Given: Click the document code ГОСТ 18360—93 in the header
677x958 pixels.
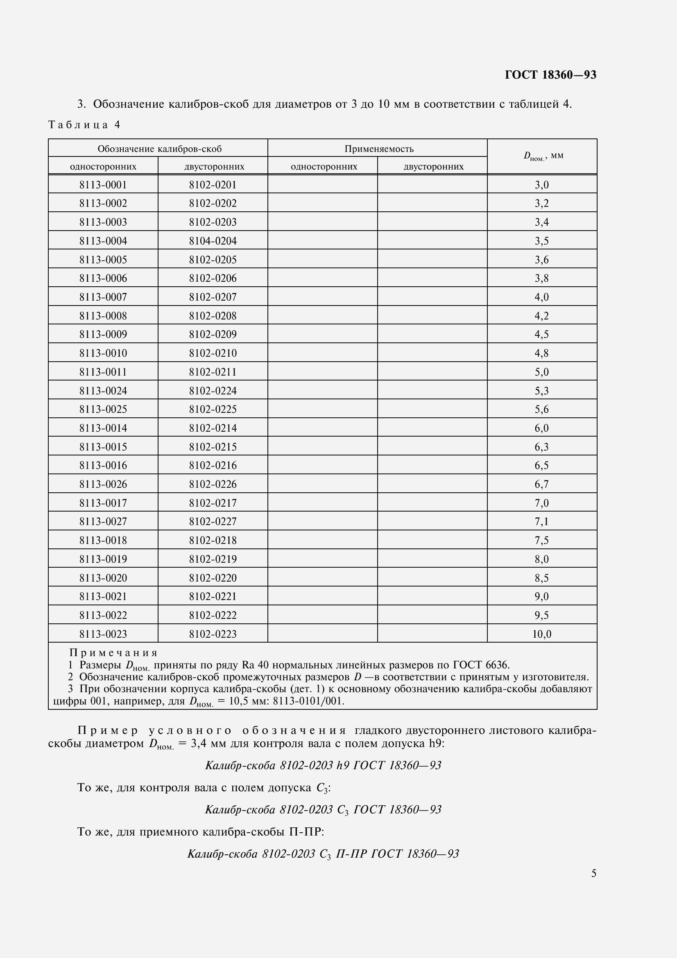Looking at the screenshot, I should tap(550, 75).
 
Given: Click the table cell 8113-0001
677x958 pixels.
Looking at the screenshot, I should tap(103, 184).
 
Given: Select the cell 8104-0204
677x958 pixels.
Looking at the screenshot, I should tap(213, 241).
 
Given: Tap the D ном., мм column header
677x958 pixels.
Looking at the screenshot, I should tap(543, 156).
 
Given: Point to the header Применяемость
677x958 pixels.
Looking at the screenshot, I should tap(379, 149).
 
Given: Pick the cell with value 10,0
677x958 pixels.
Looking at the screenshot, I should tap(541, 634).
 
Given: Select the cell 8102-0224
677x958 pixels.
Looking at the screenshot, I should tap(213, 391).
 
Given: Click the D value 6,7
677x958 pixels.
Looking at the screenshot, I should tap(541, 485).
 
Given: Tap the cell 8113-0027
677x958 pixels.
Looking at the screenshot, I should tap(103, 521).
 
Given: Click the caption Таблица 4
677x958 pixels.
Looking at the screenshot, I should tap(84, 125).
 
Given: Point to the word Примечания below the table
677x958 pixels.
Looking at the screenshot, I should tap(113, 652).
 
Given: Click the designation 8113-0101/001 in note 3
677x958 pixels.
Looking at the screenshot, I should tap(308, 701).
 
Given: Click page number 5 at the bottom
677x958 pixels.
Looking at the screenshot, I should tap(593, 873).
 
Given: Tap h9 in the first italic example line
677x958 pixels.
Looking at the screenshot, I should tap(342, 765).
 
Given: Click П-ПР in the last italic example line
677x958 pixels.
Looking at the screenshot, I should tap(351, 854).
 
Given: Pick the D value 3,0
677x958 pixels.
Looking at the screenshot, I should tap(541, 184).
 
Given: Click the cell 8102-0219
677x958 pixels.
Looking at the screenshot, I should tap(213, 559).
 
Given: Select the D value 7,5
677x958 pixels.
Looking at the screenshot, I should tap(541, 540).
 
